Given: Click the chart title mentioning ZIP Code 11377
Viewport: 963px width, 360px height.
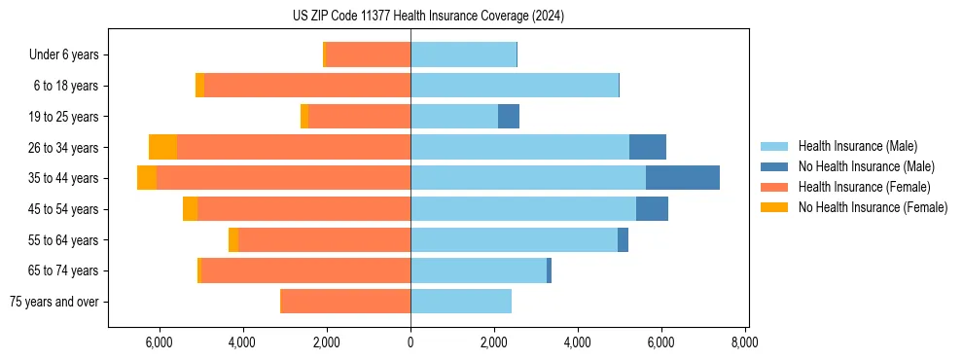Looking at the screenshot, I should (428, 17).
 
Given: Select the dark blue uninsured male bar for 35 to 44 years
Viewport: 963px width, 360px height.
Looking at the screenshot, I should (682, 177).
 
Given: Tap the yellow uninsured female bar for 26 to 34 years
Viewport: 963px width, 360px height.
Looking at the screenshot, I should (162, 147).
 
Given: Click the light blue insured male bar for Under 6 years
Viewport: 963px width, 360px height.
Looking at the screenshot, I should (463, 54).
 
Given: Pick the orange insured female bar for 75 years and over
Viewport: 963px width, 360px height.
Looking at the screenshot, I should (345, 301).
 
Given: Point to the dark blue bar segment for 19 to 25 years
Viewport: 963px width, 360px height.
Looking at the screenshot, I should (509, 116).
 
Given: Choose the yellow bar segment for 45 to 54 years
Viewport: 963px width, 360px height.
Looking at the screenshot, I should (190, 208).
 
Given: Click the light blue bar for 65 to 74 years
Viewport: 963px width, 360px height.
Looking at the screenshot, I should (479, 270).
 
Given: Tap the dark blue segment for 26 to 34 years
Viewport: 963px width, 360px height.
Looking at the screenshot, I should (648, 147).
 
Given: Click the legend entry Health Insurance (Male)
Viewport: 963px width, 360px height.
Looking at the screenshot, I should (857, 146).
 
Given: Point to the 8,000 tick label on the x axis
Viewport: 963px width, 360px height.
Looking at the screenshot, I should (745, 342).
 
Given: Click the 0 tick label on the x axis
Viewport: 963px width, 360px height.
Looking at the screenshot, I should (410, 342).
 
